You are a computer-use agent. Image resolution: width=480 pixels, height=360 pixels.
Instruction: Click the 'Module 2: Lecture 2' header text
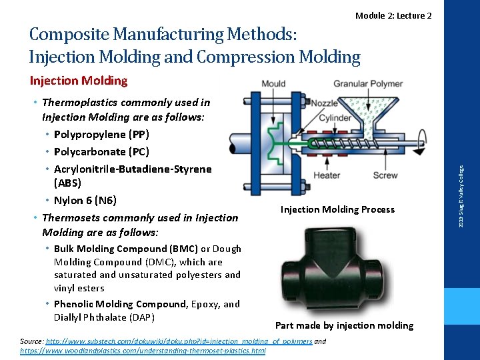click(393, 15)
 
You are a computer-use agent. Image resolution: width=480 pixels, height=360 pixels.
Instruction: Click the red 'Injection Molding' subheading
click(79, 81)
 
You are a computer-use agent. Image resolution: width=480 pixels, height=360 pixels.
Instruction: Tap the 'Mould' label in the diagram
click(273, 84)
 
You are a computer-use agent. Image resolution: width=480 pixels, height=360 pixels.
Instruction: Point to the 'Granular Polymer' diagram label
click(367, 84)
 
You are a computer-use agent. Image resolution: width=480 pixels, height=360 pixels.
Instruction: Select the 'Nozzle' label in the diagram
click(325, 103)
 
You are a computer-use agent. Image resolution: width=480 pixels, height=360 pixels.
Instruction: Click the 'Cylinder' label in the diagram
click(334, 117)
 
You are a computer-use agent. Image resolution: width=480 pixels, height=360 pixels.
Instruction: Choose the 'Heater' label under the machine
click(327, 175)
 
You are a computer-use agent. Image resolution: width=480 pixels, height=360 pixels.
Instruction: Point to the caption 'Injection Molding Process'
click(337, 209)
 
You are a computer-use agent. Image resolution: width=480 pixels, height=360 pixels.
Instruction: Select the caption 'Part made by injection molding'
click(344, 325)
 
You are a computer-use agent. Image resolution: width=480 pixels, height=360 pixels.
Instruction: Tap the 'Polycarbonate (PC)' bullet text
click(101, 152)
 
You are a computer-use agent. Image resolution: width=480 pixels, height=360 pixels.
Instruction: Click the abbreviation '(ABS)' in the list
click(67, 183)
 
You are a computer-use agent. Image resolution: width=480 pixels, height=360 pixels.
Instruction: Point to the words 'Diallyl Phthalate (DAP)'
click(104, 317)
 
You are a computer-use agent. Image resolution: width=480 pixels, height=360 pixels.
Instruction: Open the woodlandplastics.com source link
click(143, 350)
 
